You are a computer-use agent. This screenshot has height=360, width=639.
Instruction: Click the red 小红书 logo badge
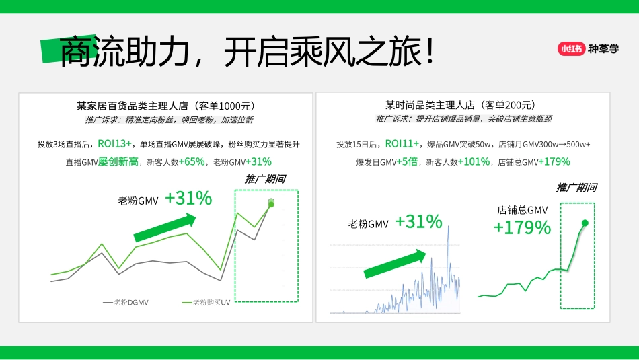[x=570, y=48]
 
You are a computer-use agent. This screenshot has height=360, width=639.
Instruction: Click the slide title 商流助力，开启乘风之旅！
[x=248, y=52]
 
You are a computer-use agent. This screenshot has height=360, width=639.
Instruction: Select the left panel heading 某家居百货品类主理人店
[x=133, y=106]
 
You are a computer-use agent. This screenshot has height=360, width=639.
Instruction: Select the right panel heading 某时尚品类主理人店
[x=430, y=105]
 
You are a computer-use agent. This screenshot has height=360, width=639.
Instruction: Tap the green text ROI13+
[x=115, y=143]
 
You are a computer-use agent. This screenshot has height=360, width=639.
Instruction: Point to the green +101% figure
[x=475, y=161]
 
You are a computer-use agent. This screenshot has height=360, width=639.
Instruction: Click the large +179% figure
[x=522, y=227]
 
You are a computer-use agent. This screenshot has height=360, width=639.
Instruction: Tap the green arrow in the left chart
[x=165, y=227]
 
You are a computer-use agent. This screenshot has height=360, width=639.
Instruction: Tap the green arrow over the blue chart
[x=395, y=263]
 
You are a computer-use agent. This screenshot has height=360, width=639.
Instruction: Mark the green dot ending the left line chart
[x=271, y=203]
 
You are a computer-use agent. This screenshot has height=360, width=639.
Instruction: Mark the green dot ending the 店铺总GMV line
[x=585, y=223]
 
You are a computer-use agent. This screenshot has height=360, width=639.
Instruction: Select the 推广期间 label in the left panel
[x=265, y=179]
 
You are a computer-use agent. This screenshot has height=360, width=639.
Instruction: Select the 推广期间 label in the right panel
[x=576, y=188]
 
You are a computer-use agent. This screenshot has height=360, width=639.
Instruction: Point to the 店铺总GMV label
[x=523, y=210]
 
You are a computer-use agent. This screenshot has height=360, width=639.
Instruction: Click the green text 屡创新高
[x=118, y=161]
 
